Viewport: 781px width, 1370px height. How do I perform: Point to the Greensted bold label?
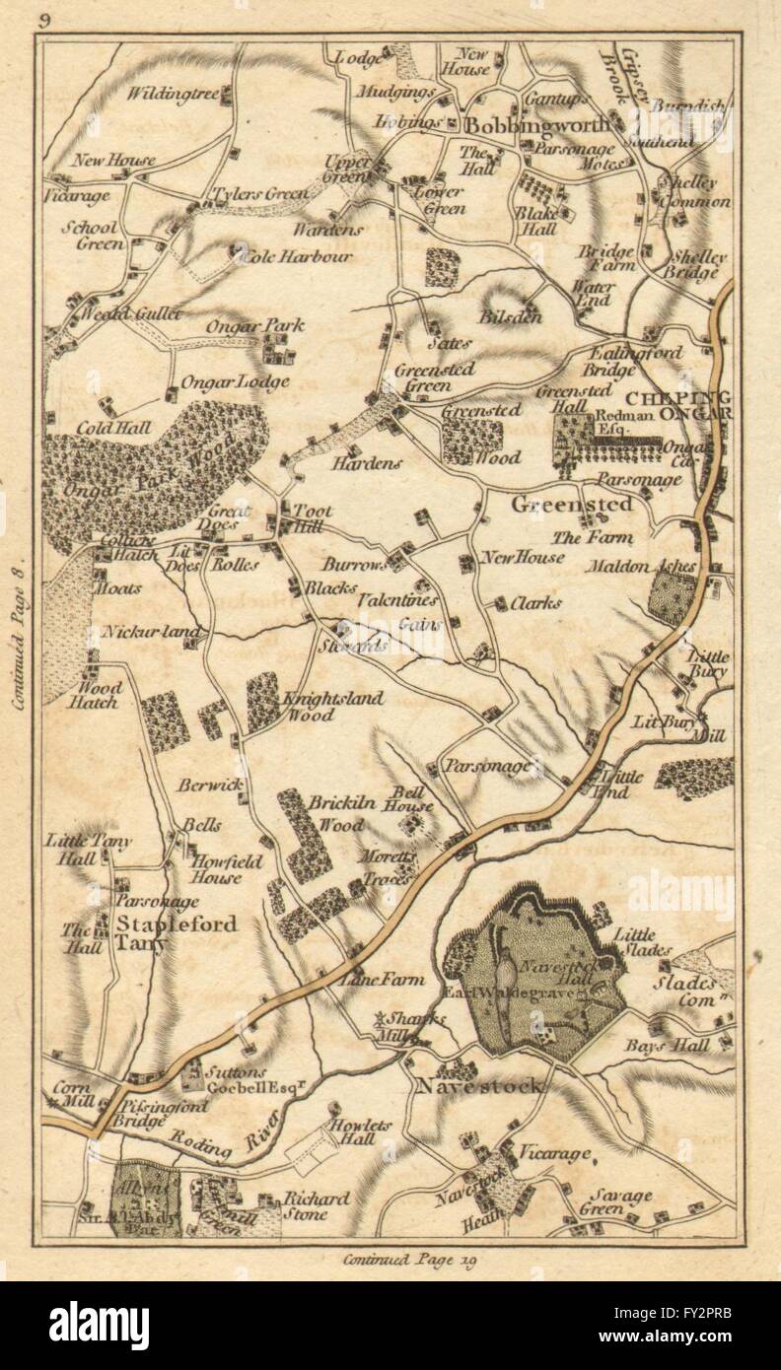coord(558,504)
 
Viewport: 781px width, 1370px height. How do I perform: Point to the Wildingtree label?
coord(172,95)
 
